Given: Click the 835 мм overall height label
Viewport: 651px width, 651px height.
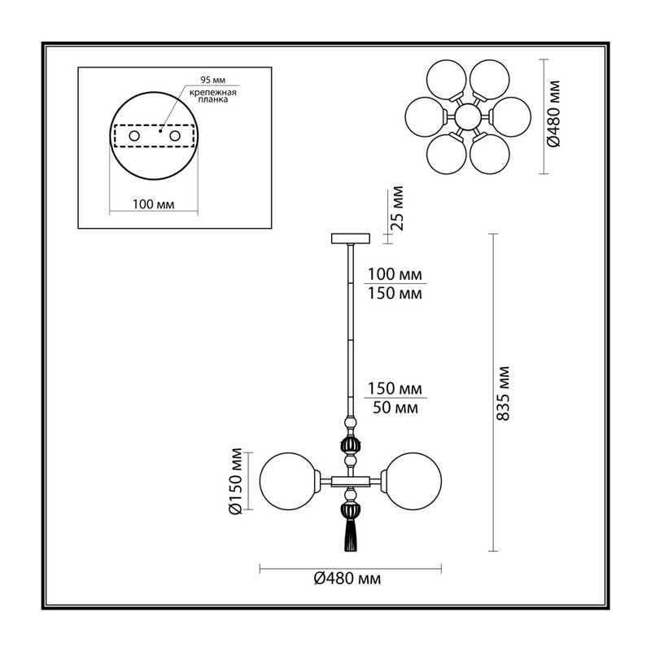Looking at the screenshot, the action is coord(503,394).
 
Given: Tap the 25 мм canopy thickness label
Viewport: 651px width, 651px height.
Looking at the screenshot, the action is coord(398,208).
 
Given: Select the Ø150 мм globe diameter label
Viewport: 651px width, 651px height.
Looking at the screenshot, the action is coord(235,481).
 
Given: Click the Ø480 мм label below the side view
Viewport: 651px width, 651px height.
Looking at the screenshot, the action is coord(347,579).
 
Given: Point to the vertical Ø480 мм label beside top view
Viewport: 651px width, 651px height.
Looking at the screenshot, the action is coord(553,114).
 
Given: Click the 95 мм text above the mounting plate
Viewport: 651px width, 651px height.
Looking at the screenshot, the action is coord(213,80).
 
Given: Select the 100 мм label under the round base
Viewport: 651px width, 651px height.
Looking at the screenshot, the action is coord(154,204).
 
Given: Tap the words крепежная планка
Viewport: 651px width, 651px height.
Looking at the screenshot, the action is coord(213,96).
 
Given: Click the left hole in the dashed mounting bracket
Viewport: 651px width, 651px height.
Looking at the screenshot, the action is coord(134,136).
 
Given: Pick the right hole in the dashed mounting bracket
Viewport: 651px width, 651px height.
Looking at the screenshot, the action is coord(175,136).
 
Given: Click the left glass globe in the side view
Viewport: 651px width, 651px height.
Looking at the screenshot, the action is coord(288,481).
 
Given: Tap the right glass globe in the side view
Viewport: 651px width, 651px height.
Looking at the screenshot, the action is coord(413,481).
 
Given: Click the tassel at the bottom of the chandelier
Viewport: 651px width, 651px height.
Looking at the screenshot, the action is coord(351,535).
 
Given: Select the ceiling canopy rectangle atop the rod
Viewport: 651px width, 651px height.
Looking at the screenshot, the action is coord(351,238).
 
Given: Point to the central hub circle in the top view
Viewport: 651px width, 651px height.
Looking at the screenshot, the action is coord(467,116).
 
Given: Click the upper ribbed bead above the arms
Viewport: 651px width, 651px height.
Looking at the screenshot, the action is coord(351,445).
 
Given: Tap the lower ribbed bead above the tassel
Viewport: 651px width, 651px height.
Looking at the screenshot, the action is coord(351,511).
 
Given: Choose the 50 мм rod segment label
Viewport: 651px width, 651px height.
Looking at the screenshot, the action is coord(395,409).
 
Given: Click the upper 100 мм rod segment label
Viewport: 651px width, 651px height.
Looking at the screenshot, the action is coord(395,274).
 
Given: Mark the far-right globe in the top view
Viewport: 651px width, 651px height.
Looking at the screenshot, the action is coord(511,116).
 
